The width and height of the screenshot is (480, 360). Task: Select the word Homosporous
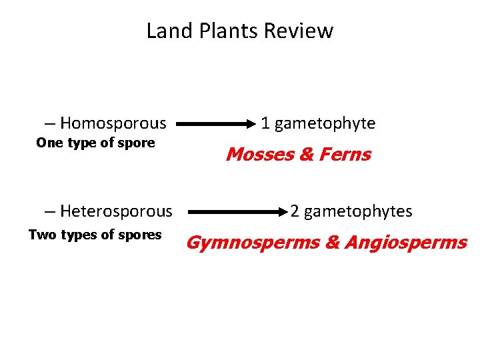click(x=113, y=123)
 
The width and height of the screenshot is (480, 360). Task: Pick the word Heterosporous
click(x=116, y=212)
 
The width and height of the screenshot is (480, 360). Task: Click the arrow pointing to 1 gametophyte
click(x=216, y=123)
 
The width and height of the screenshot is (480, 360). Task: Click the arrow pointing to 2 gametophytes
click(x=237, y=212)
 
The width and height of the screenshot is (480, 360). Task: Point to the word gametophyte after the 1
click(x=325, y=123)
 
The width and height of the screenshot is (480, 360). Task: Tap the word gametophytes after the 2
click(x=357, y=212)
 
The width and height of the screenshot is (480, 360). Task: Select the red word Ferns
click(x=344, y=155)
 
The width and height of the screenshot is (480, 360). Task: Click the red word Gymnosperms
click(x=253, y=243)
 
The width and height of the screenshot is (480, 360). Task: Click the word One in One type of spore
click(x=50, y=143)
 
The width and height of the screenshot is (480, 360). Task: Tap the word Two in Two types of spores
click(x=43, y=234)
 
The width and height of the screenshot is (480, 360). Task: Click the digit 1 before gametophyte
click(x=265, y=123)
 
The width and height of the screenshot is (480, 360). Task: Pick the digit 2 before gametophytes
click(x=295, y=212)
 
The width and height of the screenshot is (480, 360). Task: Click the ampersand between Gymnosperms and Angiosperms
click(x=333, y=243)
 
